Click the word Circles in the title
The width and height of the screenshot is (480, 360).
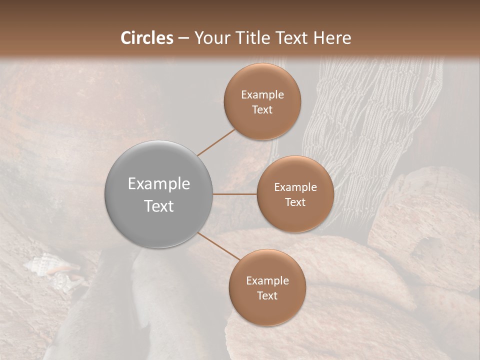click(x=146, y=37)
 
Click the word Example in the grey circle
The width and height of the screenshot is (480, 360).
click(x=159, y=184)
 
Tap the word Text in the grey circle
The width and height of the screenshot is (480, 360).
click(x=159, y=206)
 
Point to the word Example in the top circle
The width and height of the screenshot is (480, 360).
click(x=262, y=95)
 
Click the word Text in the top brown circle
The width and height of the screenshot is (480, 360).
click(x=262, y=110)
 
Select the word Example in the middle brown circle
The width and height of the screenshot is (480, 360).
click(x=295, y=187)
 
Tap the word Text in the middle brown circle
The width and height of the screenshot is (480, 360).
click(x=295, y=202)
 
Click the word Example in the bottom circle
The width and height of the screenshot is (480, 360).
click(x=267, y=281)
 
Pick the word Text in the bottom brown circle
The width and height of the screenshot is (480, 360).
click(x=267, y=296)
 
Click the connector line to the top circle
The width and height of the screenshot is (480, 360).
click(x=216, y=142)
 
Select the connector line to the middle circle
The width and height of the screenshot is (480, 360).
click(x=235, y=194)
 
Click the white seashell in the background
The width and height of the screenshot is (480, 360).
click(x=42, y=263)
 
